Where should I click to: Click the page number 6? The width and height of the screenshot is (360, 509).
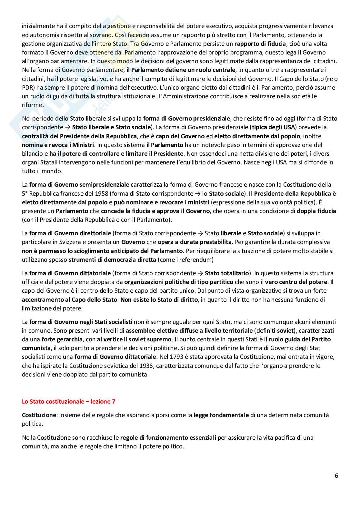pyautogui.click(x=336, y=475)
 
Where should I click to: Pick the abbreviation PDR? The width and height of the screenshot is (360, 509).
pyautogui.click(x=28, y=87)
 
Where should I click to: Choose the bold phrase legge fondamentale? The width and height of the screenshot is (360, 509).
pyautogui.click(x=221, y=415)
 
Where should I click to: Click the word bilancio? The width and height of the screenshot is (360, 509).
pyautogui.click(x=34, y=153)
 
